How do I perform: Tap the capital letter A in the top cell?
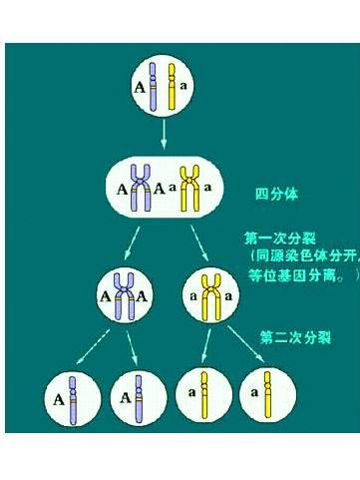tap(140, 88)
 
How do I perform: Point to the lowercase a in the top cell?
tap(183, 87)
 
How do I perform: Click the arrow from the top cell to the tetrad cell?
tap(163, 133)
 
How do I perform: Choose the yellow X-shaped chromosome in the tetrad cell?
tap(189, 186)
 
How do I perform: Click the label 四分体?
tap(277, 193)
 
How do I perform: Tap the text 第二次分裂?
tap(297, 337)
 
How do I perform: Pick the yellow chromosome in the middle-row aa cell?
tap(211, 294)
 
